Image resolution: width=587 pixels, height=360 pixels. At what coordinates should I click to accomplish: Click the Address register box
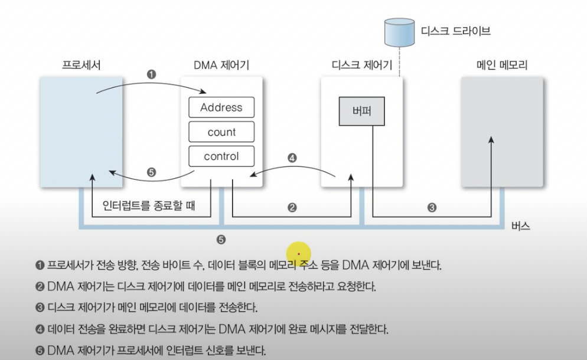pos(221,107)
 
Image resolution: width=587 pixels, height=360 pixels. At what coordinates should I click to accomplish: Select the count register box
pos(221,132)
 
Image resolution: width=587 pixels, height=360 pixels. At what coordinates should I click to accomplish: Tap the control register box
pos(221,156)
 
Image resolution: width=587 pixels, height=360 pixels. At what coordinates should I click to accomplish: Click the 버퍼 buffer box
pos(360,110)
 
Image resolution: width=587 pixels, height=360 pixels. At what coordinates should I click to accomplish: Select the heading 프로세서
pos(81,64)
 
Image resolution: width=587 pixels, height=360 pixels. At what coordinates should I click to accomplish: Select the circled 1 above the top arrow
pos(152,75)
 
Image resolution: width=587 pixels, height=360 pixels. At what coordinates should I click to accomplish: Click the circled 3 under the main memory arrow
pos(432,209)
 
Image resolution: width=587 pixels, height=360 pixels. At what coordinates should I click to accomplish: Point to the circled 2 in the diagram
pos(291,209)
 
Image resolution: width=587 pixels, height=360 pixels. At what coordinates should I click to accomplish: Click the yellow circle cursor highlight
pos(299,253)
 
